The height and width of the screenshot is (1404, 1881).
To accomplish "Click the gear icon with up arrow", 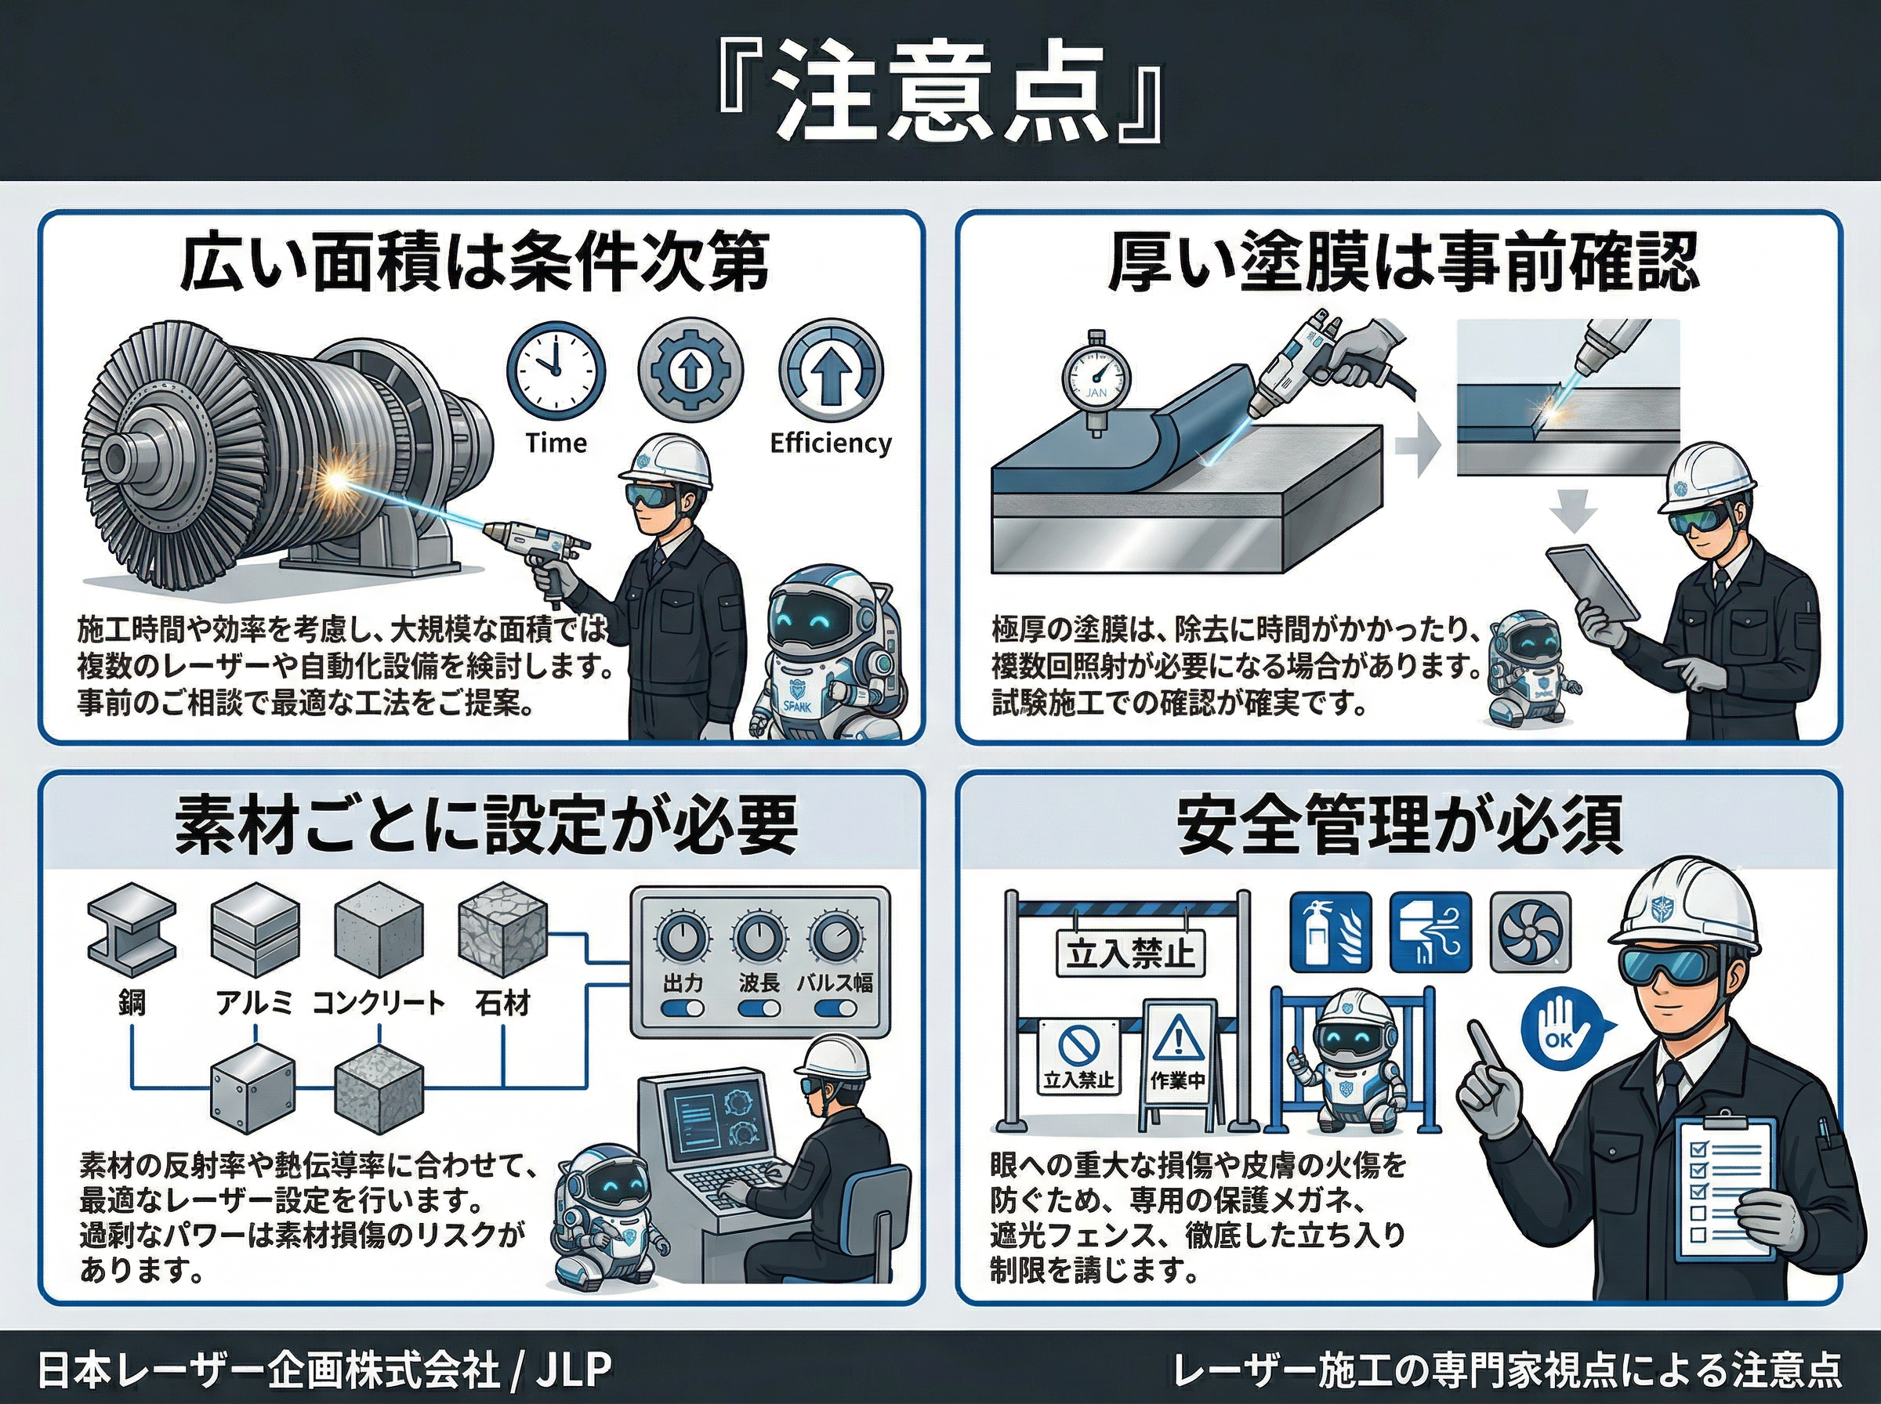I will pyautogui.click(x=690, y=371).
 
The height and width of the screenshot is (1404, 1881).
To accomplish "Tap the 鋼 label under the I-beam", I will pyautogui.click(x=132, y=1003).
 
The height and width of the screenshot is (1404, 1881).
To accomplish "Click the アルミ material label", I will pyautogui.click(x=253, y=1003).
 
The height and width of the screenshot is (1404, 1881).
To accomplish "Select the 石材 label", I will pyautogui.click(x=502, y=1003).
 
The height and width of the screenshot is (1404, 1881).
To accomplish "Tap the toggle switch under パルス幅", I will pyautogui.click(x=835, y=1009).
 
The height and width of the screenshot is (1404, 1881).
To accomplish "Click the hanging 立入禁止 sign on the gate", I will pyautogui.click(x=1129, y=953).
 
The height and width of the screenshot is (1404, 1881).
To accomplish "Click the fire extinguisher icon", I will pyautogui.click(x=1330, y=932).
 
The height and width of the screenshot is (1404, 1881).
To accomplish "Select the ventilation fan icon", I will pyautogui.click(x=1530, y=932).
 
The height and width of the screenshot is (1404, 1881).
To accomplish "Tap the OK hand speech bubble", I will pyautogui.click(x=1558, y=1032).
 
